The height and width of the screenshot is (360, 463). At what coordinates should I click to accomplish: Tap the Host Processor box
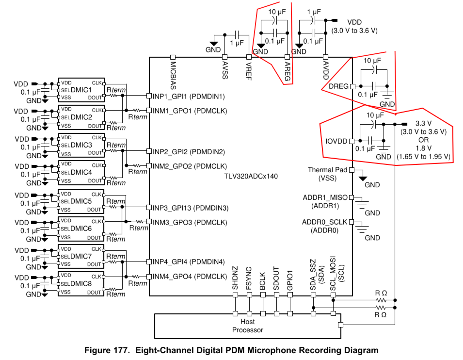pyautogui.click(x=247, y=326)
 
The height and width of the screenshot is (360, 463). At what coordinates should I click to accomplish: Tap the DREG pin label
pyautogui.click(x=338, y=86)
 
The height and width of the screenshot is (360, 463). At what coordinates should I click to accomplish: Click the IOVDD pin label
pyautogui.click(x=336, y=141)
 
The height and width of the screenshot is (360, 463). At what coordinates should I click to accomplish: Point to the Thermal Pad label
pyautogui.click(x=327, y=170)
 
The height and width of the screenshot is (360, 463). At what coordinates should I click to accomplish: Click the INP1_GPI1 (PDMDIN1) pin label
pyautogui.click(x=189, y=96)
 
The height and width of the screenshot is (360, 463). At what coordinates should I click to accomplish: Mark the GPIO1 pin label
pyautogui.click(x=290, y=281)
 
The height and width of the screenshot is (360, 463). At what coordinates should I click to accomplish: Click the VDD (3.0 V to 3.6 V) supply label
pyautogui.click(x=354, y=26)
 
